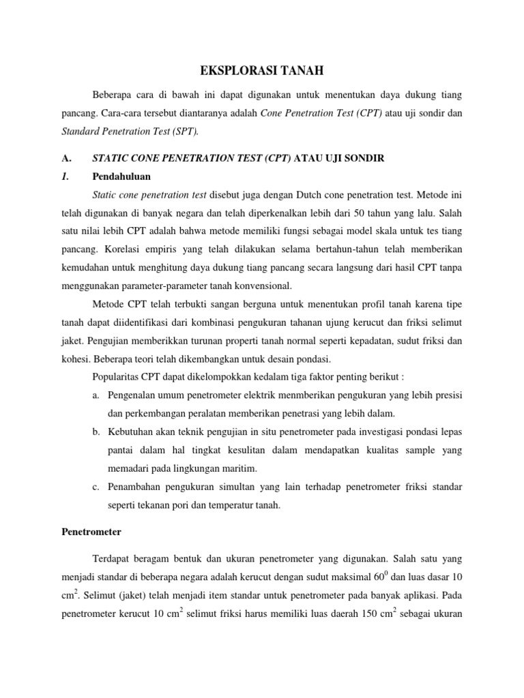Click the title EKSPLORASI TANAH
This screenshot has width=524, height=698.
coord(261,70)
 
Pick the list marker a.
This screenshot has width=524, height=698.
coord(94,395)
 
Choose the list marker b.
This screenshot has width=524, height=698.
coord(94,432)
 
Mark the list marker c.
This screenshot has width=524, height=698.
coord(94,487)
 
